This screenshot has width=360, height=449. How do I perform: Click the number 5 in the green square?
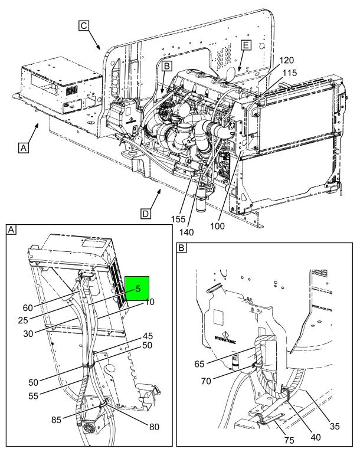[x=137, y=289]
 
